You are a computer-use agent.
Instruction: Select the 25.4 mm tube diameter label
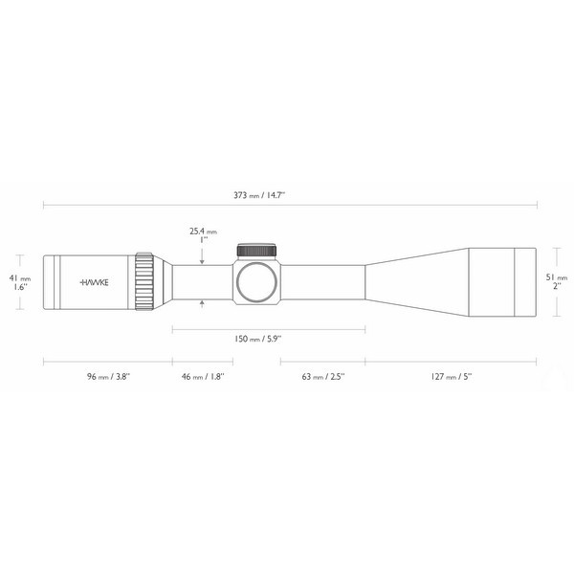[x=203, y=231]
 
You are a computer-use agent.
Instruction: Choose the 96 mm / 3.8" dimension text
[x=107, y=377]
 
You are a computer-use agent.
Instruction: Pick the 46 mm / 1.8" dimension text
[x=202, y=377]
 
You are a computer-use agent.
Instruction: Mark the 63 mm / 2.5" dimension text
[x=323, y=377]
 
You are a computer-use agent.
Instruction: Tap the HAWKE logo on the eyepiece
[x=94, y=282]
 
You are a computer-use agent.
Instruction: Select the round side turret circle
[x=257, y=282]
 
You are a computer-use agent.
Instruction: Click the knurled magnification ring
[x=145, y=282]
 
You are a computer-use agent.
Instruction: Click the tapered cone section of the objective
[x=416, y=282]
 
